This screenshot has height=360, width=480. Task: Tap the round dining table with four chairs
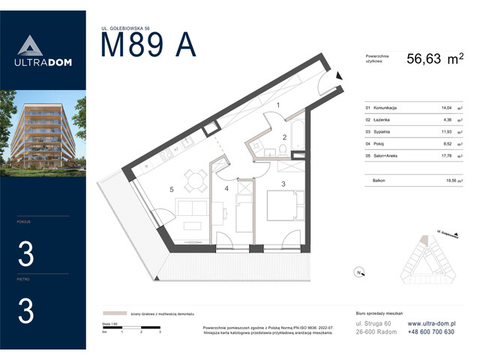pos(198,181)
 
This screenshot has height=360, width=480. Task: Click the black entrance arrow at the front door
pos(339,75)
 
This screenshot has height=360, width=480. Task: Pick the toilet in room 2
pos(280,151)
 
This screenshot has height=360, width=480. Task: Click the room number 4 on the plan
pos(226,188)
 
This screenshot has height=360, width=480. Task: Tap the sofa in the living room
pos(190,213)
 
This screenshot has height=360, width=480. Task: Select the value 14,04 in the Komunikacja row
pos(430,108)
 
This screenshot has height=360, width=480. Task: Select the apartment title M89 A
pos(148,46)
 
